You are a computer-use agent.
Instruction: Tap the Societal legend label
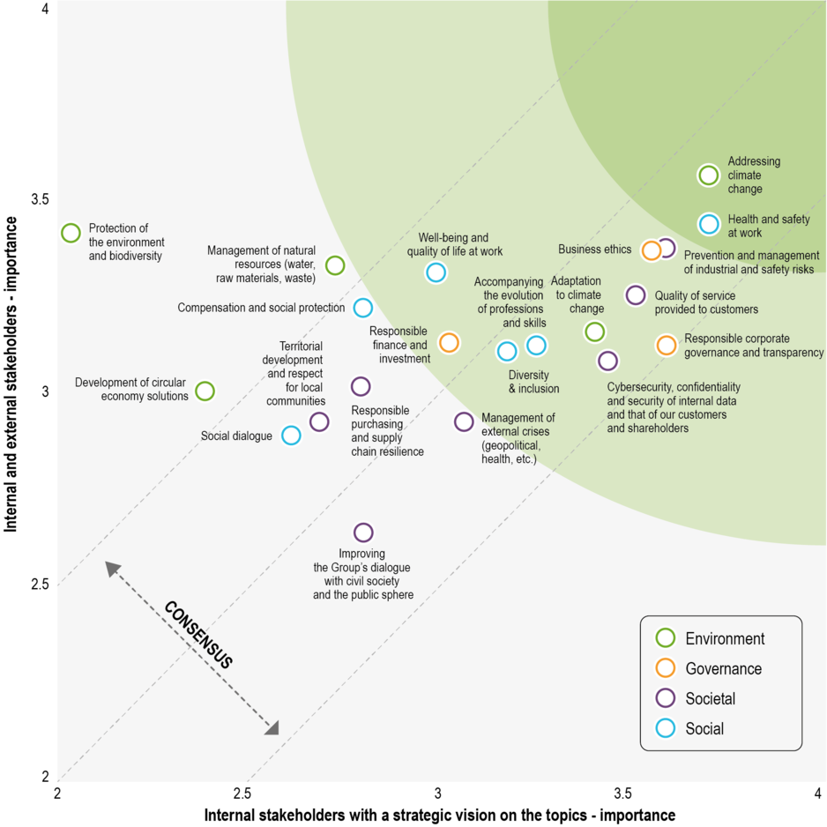pyautogui.click(x=710, y=698)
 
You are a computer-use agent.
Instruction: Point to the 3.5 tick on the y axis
pyautogui.click(x=40, y=199)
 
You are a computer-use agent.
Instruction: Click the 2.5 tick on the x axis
pyautogui.click(x=242, y=793)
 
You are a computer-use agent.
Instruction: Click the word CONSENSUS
pyautogui.click(x=197, y=635)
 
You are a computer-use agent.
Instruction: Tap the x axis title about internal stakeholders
pyautogui.click(x=439, y=815)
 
